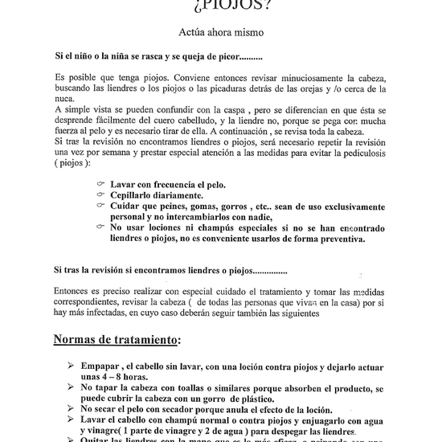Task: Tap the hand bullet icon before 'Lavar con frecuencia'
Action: pyautogui.click(x=100, y=184)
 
